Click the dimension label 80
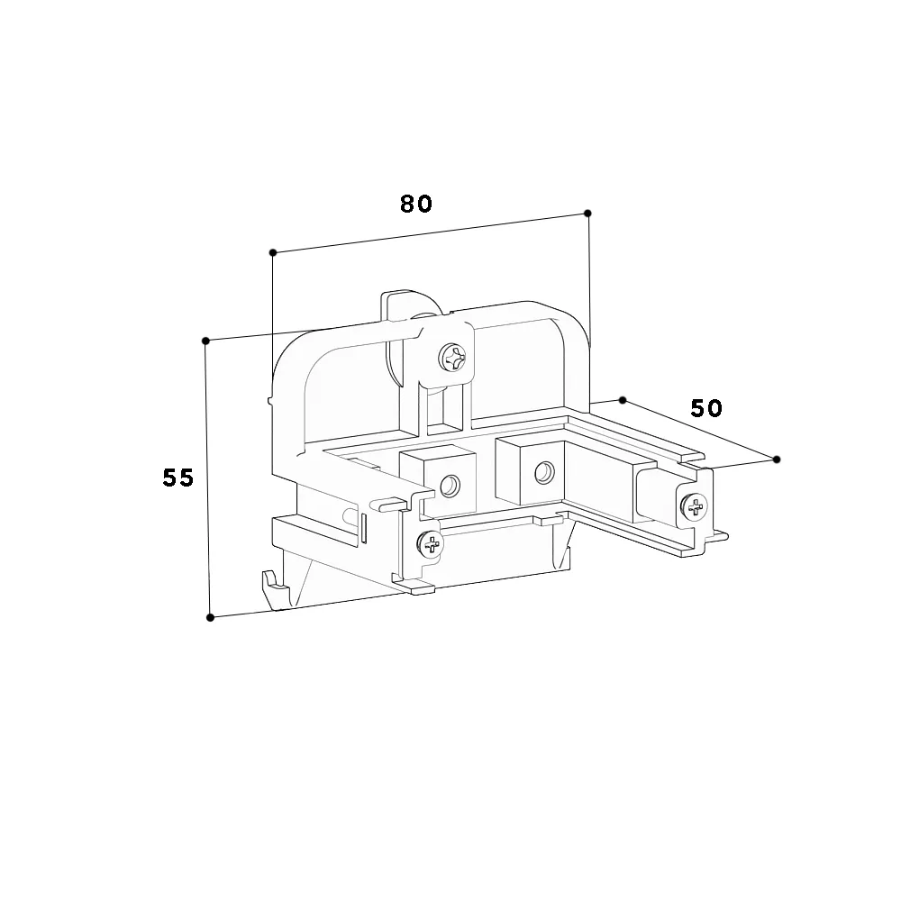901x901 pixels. coord(416,204)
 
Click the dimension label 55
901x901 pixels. coord(178,478)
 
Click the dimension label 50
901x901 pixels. coord(706,408)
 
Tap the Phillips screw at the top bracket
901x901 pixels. coord(452,359)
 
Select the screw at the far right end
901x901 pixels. coord(694,506)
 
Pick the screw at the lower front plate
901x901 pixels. coord(431,543)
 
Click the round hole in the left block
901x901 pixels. coord(450,487)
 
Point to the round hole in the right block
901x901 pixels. coord(543,473)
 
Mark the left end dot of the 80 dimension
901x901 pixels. coord(273,252)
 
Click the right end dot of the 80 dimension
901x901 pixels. coord(587,214)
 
